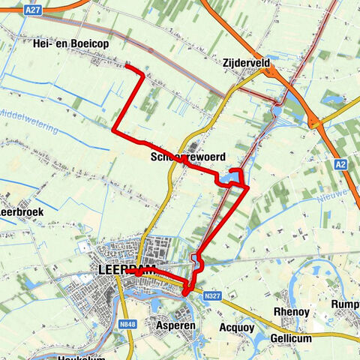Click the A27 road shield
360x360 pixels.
31,10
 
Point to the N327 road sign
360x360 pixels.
212,296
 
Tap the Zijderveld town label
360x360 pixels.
246,64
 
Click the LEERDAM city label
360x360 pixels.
126,269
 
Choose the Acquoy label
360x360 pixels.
235,328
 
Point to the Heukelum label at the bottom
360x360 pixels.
82,357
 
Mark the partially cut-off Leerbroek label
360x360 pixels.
22,212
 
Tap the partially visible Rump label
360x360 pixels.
346,304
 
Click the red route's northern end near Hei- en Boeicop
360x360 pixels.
126,67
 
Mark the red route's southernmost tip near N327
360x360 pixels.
187,294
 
